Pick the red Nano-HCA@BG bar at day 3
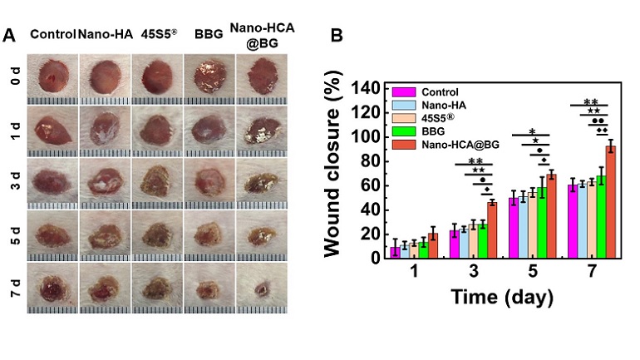(x=492, y=229)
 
